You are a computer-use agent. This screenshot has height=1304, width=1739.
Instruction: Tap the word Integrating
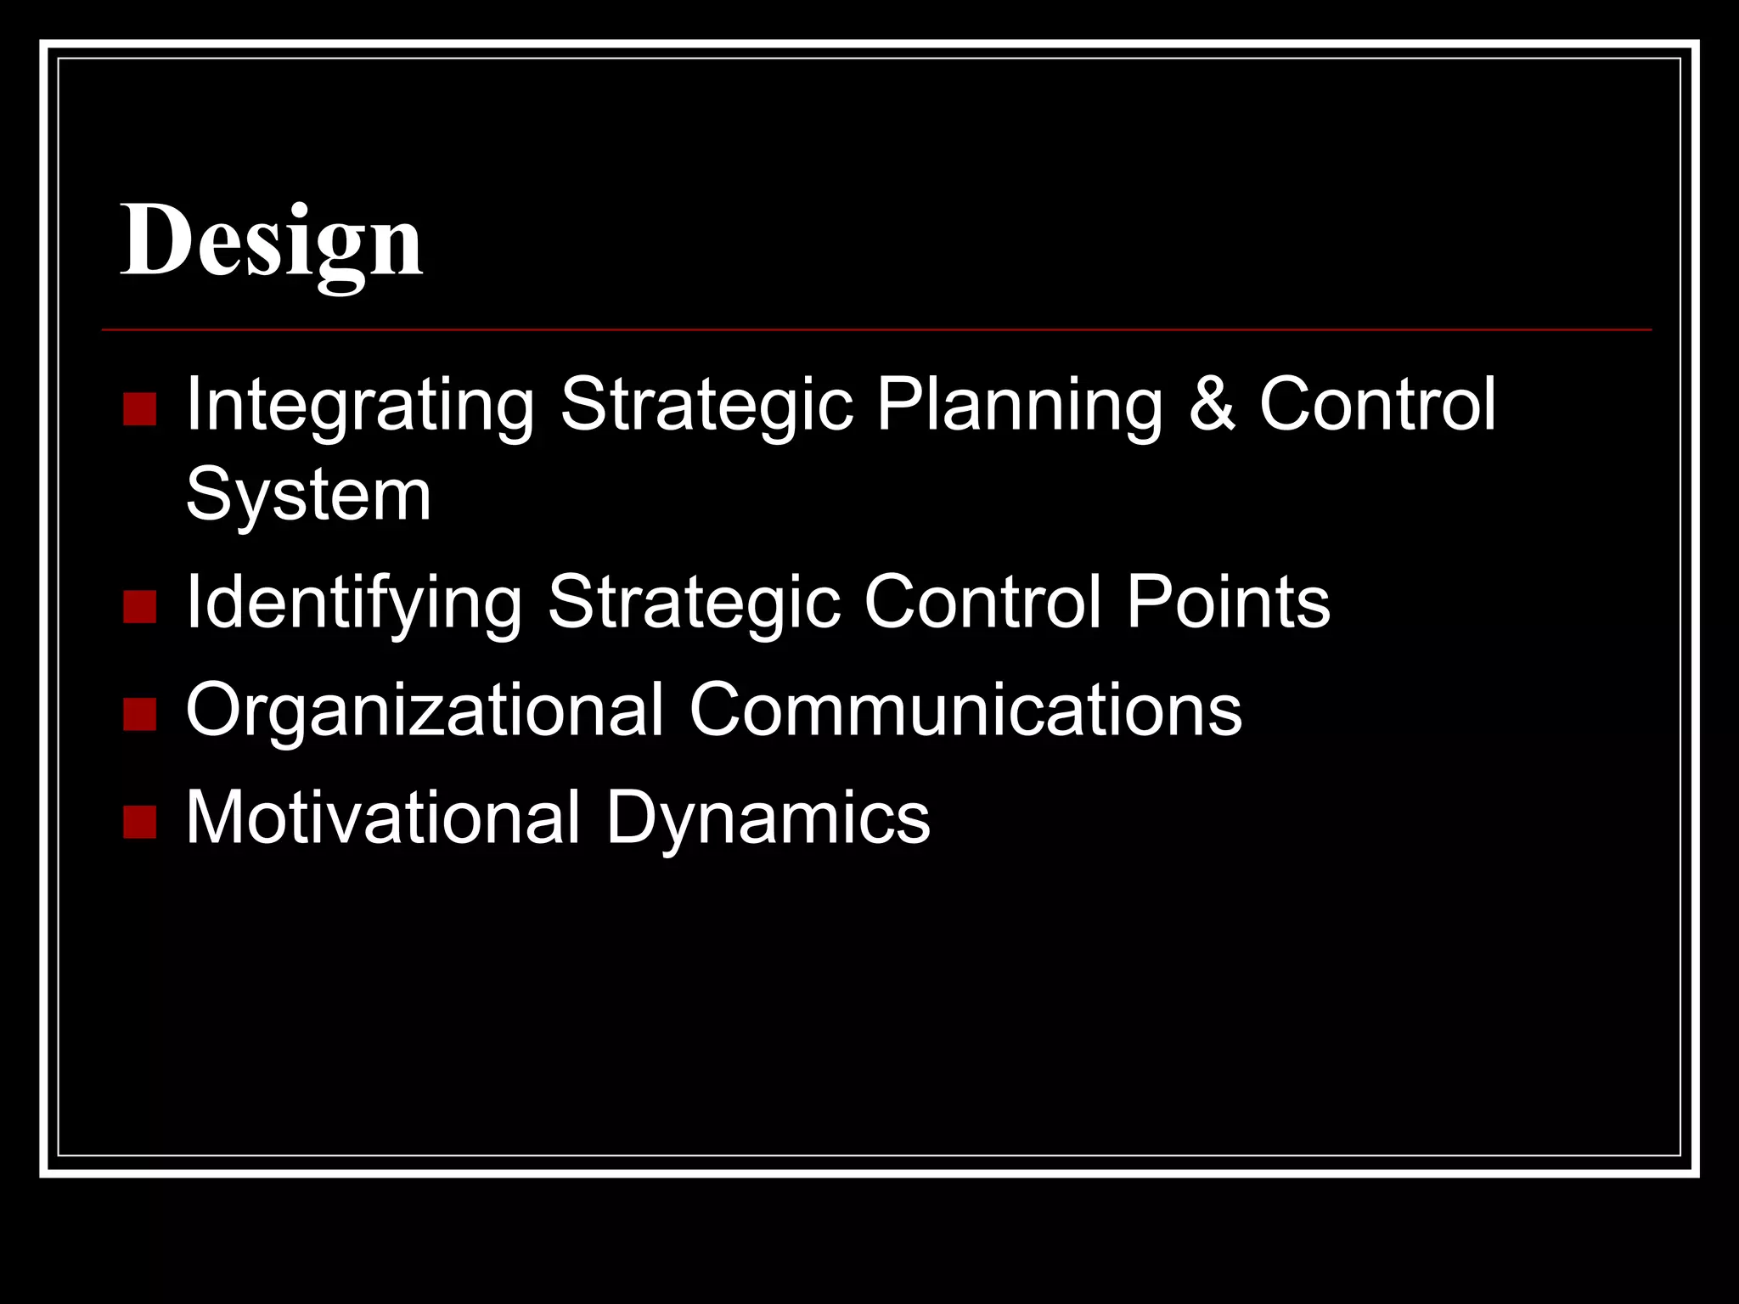click(x=360, y=405)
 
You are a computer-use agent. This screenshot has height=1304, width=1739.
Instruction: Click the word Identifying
click(x=353, y=603)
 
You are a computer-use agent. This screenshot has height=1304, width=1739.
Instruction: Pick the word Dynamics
click(x=768, y=818)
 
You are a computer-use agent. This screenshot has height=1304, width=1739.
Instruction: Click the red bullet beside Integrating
click(x=139, y=408)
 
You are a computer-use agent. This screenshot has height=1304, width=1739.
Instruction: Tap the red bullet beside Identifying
click(x=139, y=607)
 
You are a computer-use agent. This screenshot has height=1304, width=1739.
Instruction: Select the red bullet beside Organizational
click(x=139, y=714)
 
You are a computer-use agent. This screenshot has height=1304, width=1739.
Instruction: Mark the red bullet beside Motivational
click(x=139, y=822)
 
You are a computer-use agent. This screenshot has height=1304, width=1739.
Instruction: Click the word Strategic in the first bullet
click(x=706, y=405)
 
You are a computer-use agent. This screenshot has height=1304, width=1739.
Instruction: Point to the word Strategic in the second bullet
click(x=694, y=603)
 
